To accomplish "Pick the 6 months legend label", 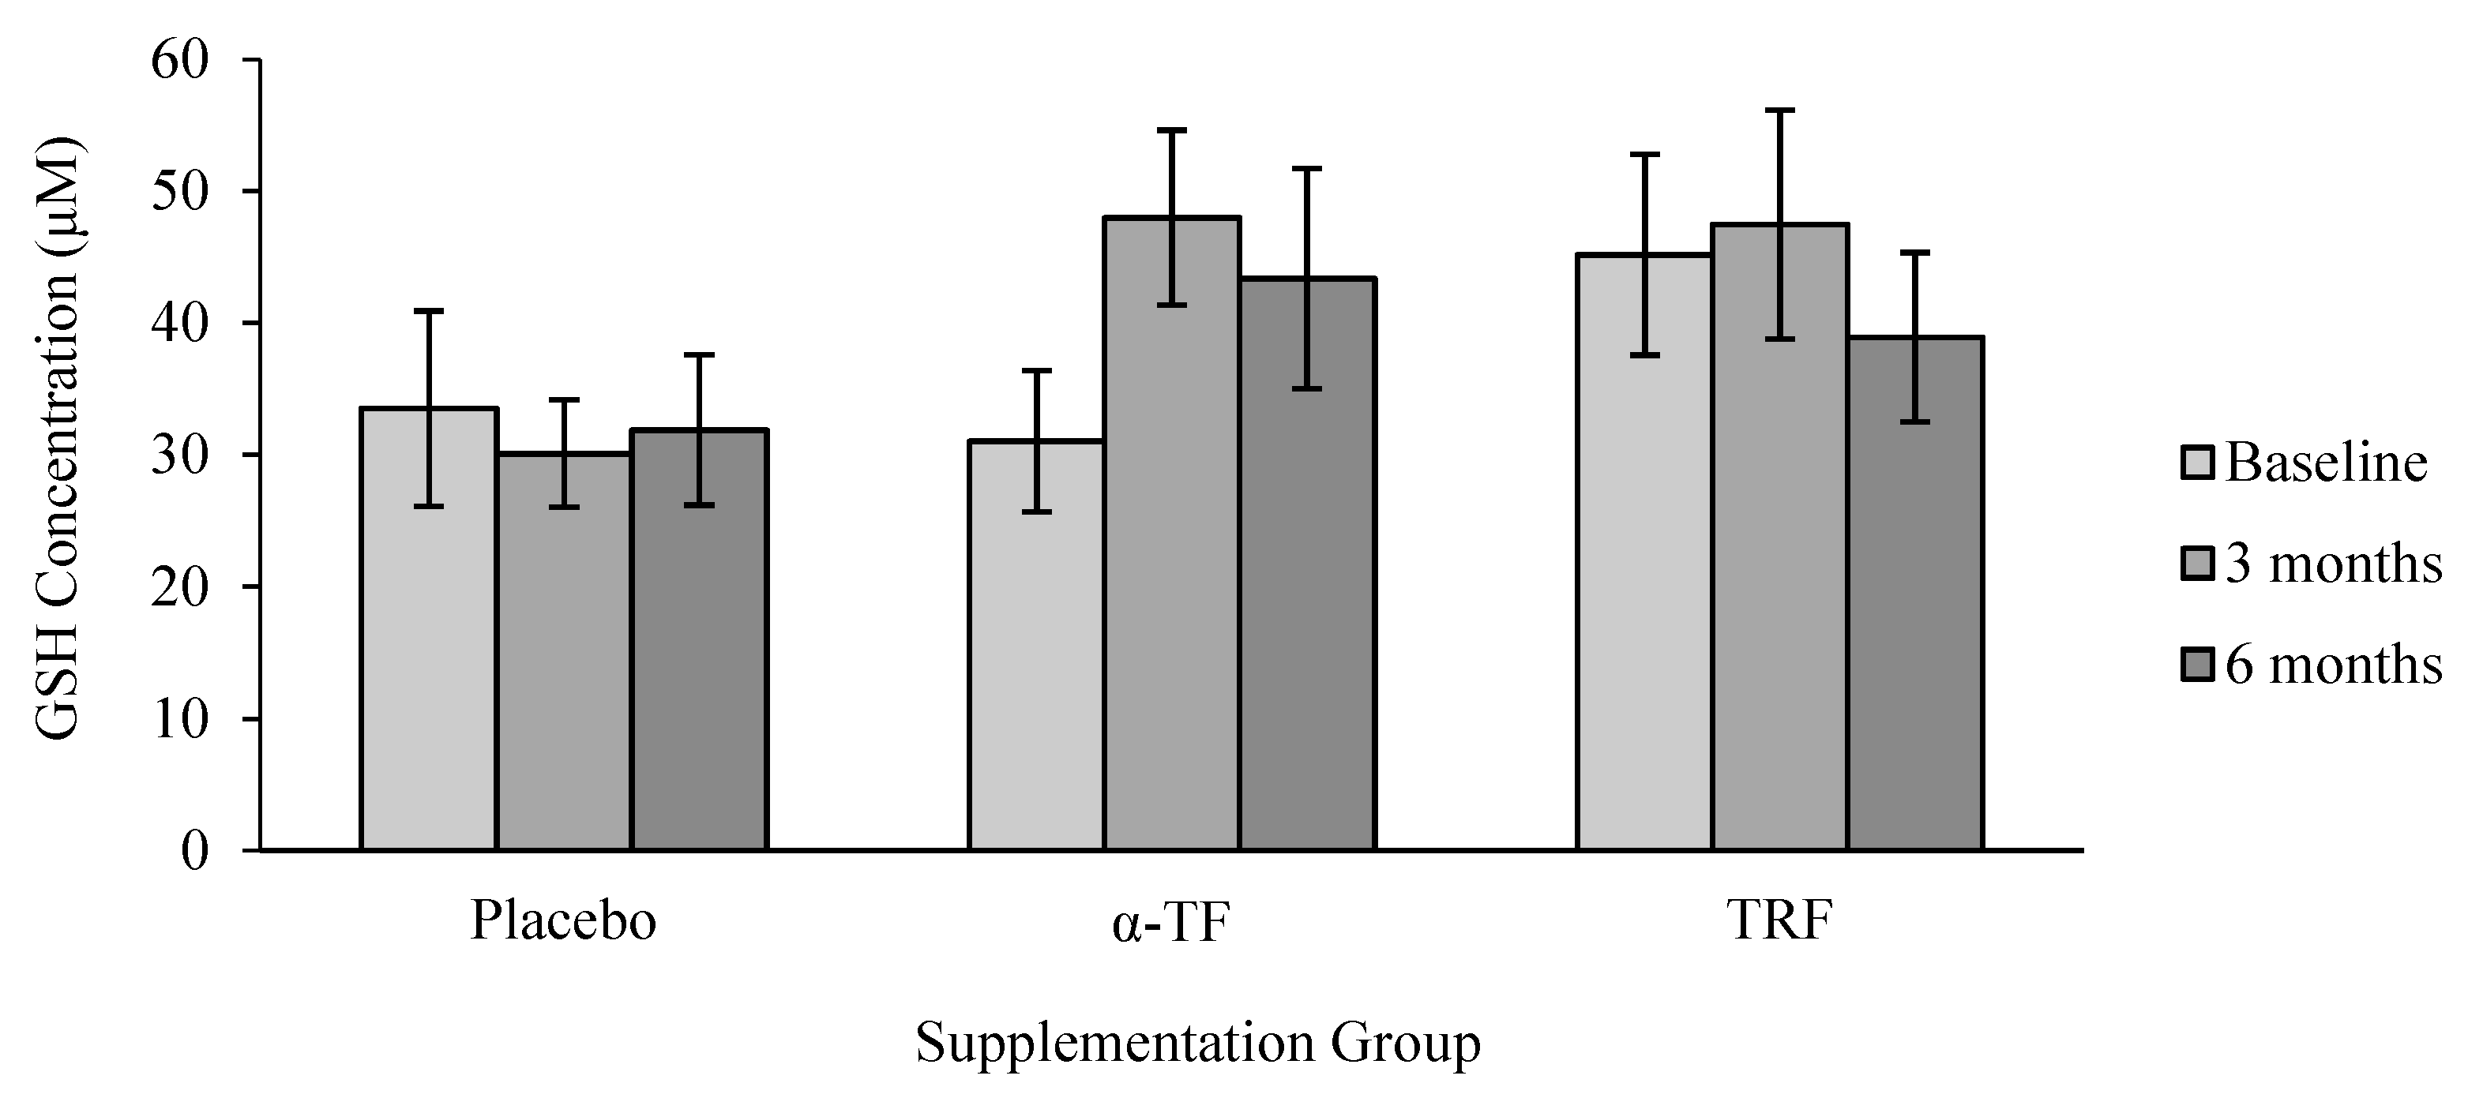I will click(x=2332, y=664).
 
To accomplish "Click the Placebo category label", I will click(x=563, y=921).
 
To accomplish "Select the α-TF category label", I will click(x=1170, y=924).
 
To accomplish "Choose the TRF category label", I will click(x=1779, y=921).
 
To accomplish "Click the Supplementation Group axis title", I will click(x=1197, y=1044).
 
